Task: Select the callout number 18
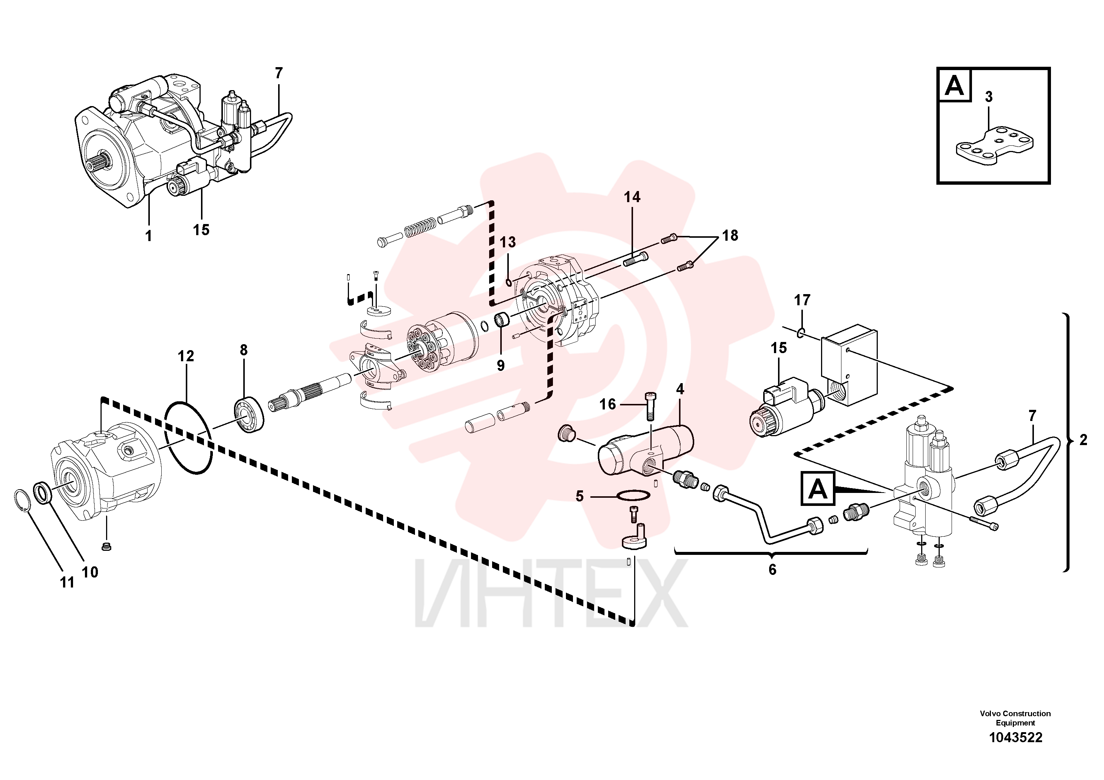(x=730, y=235)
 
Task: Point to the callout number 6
(x=772, y=569)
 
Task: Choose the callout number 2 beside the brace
(x=1083, y=440)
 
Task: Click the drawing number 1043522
(x=1015, y=751)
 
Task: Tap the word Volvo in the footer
(x=991, y=714)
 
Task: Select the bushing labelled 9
(x=502, y=319)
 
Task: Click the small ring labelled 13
(x=508, y=281)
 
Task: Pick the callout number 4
(x=679, y=389)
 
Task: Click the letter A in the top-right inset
(x=955, y=86)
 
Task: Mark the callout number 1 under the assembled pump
(x=149, y=236)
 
